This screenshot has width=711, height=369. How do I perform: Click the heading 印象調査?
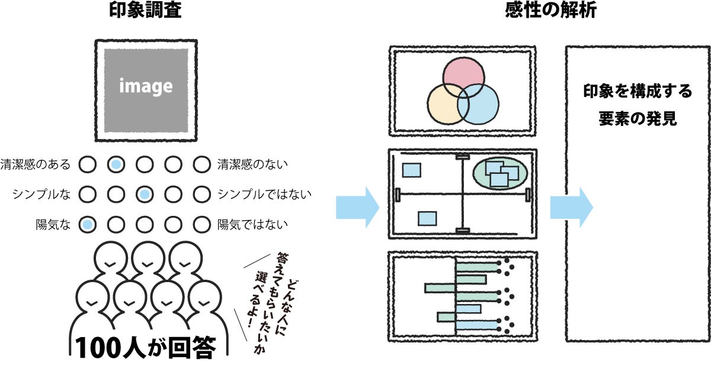[x=145, y=11]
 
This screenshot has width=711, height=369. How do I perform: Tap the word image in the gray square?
[x=146, y=87]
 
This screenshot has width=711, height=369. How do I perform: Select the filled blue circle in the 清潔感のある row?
[x=116, y=164]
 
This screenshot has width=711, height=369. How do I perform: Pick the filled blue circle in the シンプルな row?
[x=145, y=193]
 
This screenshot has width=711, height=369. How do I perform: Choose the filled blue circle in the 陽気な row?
[x=88, y=224]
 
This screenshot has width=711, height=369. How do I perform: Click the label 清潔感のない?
[x=252, y=164]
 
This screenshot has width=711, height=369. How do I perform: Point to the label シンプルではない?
[x=264, y=193]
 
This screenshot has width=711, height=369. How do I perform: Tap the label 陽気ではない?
[x=252, y=224]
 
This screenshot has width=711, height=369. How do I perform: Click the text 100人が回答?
[x=144, y=347]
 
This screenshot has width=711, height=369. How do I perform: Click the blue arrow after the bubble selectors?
[x=357, y=208]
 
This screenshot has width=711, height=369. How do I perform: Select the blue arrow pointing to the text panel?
[x=571, y=208]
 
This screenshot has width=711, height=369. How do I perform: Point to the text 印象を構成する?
[x=638, y=92]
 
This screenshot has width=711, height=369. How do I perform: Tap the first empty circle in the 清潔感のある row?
[x=88, y=164]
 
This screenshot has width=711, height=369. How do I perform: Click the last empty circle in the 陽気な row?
[x=201, y=224]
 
